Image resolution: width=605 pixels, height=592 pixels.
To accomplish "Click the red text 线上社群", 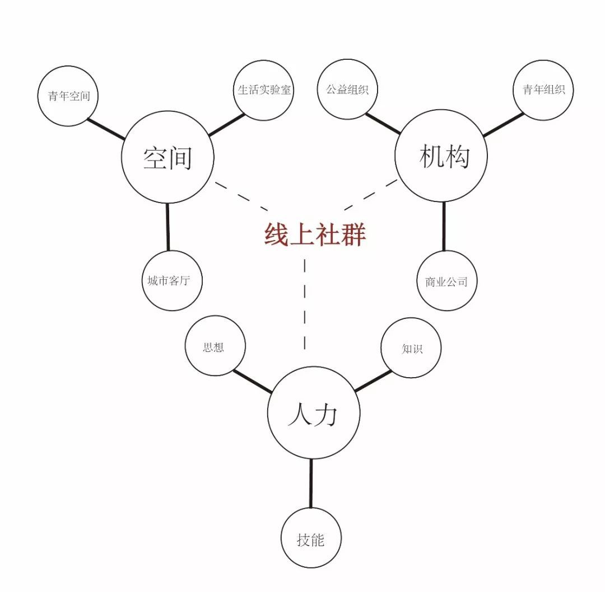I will pyautogui.click(x=315, y=235).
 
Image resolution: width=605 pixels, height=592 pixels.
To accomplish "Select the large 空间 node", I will pyautogui.click(x=167, y=157).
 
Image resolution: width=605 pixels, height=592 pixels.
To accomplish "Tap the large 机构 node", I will pyautogui.click(x=441, y=156).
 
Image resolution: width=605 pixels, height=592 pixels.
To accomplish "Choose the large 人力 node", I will pyautogui.click(x=313, y=414).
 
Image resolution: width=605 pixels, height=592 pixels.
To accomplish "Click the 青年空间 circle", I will pyautogui.click(x=68, y=96).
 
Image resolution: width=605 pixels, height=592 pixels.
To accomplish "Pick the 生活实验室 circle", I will pyautogui.click(x=264, y=90).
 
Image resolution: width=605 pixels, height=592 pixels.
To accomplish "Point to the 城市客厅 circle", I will pyautogui.click(x=171, y=280).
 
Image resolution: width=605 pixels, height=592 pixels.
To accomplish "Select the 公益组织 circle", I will pyautogui.click(x=347, y=90).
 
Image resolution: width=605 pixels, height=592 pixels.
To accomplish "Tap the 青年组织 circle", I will pyautogui.click(x=543, y=90).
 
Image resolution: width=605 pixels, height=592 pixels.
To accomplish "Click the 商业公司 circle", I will pyautogui.click(x=446, y=281).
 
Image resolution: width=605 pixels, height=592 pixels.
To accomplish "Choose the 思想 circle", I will pyautogui.click(x=215, y=346).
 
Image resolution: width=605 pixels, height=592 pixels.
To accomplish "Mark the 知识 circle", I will pyautogui.click(x=411, y=348).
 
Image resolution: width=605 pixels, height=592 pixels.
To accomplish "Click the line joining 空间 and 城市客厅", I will pyautogui.click(x=167, y=227).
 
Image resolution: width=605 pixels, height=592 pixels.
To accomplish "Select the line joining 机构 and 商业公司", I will pyautogui.click(x=444, y=226).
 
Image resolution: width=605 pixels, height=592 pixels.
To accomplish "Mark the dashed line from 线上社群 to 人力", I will pyautogui.click(x=305, y=302).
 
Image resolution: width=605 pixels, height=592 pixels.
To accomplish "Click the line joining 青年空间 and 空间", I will pyautogui.click(x=105, y=129).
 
